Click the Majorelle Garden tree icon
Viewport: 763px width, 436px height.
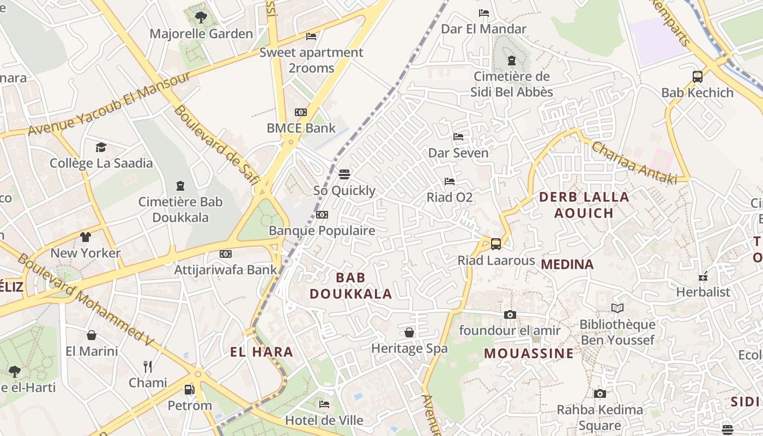pyautogui.click(x=201, y=17)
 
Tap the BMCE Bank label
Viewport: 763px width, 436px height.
pyautogui.click(x=301, y=128)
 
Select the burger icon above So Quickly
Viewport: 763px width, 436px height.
pyautogui.click(x=344, y=174)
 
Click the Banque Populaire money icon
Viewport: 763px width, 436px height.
pyautogui.click(x=322, y=215)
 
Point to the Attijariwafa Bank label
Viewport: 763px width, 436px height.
pyautogui.click(x=226, y=269)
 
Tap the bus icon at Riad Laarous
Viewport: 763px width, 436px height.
pyautogui.click(x=496, y=244)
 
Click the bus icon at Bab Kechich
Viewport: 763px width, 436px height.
pyautogui.click(x=697, y=77)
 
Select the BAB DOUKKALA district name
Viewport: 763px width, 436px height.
pyautogui.click(x=350, y=286)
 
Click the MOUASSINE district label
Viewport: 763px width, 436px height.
pyautogui.click(x=529, y=353)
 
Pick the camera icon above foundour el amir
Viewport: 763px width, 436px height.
pyautogui.click(x=510, y=314)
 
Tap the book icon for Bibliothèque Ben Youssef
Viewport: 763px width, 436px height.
pyautogui.click(x=617, y=308)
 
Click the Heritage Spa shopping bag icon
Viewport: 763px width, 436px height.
pyautogui.click(x=409, y=332)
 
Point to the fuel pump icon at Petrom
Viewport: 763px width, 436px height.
pyautogui.click(x=189, y=390)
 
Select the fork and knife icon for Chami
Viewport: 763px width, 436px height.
pyautogui.click(x=147, y=366)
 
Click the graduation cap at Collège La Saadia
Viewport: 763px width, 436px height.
pyautogui.click(x=101, y=147)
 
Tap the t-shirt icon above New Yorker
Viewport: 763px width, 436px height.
pyautogui.click(x=86, y=237)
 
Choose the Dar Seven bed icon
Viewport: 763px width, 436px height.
pyautogui.click(x=458, y=137)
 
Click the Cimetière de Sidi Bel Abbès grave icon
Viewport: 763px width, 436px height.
pyautogui.click(x=511, y=60)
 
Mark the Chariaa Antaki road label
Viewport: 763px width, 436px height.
pyautogui.click(x=634, y=162)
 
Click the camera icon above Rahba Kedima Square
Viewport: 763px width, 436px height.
pyautogui.click(x=599, y=393)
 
